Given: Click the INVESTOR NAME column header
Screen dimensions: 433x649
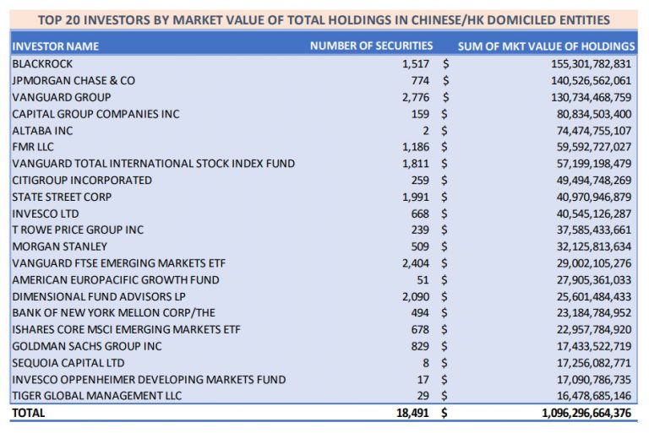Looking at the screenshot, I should pyautogui.click(x=56, y=46).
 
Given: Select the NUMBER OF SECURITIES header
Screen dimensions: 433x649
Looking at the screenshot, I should pyautogui.click(x=371, y=46).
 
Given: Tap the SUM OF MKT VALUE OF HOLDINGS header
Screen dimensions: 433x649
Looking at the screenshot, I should pyautogui.click(x=546, y=46).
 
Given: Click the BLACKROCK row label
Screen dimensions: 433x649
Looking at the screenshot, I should pyautogui.click(x=42, y=63).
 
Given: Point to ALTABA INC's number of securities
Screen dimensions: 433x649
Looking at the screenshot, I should pyautogui.click(x=426, y=130).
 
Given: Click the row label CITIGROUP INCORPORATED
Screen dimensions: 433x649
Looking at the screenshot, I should pyautogui.click(x=82, y=180).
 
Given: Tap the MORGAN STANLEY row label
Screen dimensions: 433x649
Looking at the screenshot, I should pyautogui.click(x=60, y=246).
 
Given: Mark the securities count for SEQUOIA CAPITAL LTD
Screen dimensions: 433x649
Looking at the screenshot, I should pyautogui.click(x=426, y=363).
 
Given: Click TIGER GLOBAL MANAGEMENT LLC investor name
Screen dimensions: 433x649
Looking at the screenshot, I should pyautogui.click(x=97, y=396).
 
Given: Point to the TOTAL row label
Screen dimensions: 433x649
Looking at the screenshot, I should pyautogui.click(x=29, y=413).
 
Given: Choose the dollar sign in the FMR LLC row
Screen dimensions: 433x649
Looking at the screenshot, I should pyautogui.click(x=445, y=147).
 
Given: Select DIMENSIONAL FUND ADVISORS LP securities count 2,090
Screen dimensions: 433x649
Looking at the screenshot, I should pyautogui.click(x=415, y=296).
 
